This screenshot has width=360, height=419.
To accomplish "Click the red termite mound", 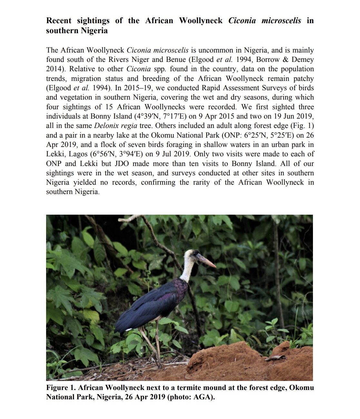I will coord(245,361).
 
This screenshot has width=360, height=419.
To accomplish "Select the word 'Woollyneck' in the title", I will coord(200,21).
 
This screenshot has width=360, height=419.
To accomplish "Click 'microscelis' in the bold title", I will coord(281,21).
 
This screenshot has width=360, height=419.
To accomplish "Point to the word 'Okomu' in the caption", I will coord(301,387).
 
